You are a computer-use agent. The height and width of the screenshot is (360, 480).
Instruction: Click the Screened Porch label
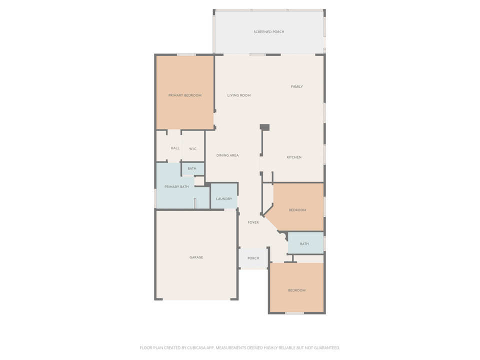click(x=269, y=32)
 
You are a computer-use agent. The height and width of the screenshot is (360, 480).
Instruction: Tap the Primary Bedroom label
click(x=185, y=95)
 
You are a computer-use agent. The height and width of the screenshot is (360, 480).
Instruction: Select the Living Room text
click(x=239, y=95)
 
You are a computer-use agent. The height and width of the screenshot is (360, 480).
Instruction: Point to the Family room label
click(x=297, y=87)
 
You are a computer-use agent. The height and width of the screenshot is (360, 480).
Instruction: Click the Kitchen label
click(x=294, y=157)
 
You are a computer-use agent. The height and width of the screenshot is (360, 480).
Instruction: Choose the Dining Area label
click(x=227, y=155)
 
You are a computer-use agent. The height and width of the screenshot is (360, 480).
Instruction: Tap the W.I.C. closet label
click(x=193, y=148)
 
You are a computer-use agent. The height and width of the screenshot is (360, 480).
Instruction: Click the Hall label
click(x=175, y=148)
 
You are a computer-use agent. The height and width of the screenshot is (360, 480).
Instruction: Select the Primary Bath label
click(x=176, y=187)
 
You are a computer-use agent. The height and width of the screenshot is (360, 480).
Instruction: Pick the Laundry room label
click(x=224, y=199)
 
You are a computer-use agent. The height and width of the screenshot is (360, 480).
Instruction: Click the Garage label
click(x=196, y=257)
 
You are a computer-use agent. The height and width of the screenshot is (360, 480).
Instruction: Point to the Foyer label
click(x=253, y=222)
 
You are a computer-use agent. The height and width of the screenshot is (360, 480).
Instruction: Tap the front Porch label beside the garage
click(x=253, y=258)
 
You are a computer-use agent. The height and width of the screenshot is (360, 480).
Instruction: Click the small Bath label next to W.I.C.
click(x=192, y=169)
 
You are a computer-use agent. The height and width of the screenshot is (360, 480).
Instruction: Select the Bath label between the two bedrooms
click(x=304, y=244)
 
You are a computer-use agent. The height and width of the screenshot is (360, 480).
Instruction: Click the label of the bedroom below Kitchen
click(x=297, y=210)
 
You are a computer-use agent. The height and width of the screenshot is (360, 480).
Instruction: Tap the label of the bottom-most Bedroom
click(x=296, y=290)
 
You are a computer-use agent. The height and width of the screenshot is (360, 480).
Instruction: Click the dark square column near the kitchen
click(x=265, y=127)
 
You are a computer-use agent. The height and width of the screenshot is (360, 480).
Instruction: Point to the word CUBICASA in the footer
click(x=193, y=347)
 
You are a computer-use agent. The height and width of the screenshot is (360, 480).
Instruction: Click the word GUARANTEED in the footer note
click(x=325, y=347)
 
